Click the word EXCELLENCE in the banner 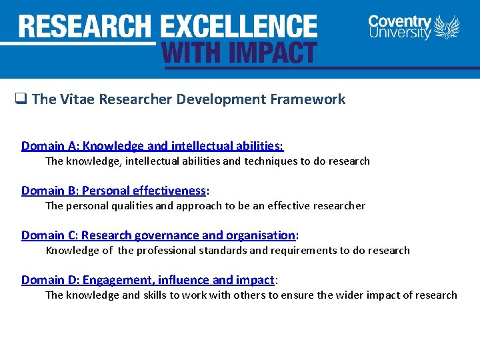point(239,27)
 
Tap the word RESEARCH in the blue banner point(85,27)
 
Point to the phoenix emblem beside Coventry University point(447,28)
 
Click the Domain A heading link point(152,146)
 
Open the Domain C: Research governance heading point(158,235)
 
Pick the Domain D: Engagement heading point(147,280)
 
